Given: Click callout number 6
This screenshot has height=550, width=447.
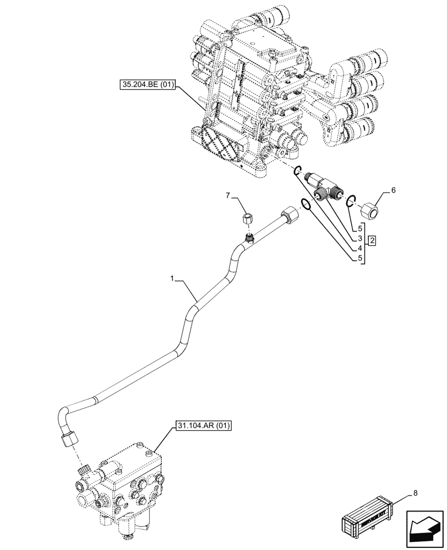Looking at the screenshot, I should (393, 190).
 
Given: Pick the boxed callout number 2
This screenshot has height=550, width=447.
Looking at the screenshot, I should (372, 240).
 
